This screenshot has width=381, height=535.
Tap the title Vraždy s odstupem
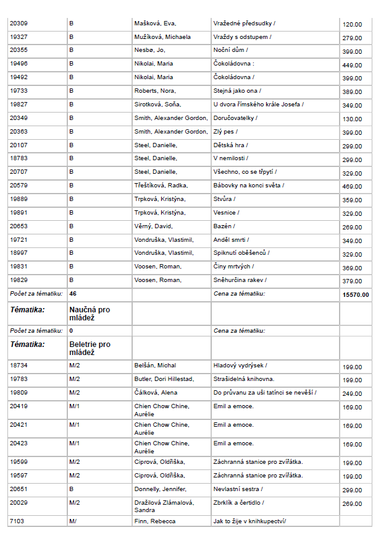241,37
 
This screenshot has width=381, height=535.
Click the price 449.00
353,65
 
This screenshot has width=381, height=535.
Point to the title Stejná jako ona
235,90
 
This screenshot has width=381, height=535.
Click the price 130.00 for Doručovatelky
353,119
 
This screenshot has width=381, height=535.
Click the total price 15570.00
356,294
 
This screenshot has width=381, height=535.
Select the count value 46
73,293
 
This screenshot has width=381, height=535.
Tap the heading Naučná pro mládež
90,313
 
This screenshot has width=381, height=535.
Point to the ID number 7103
17,521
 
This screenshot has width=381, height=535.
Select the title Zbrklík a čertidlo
239,503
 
